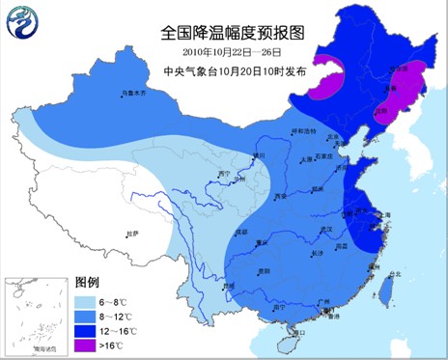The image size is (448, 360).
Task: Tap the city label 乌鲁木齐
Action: click(132, 94)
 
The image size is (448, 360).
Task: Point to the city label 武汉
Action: click(309, 228)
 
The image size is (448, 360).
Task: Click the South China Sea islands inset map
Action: click(35, 315)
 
